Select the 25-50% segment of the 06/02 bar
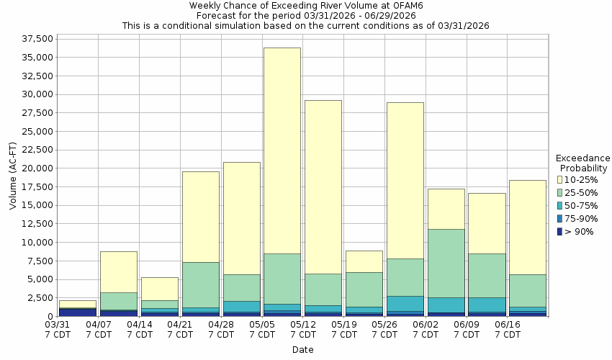(x=445, y=263)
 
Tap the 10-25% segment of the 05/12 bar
(x=323, y=186)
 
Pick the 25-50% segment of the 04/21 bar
(x=200, y=284)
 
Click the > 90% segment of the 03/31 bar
(x=78, y=312)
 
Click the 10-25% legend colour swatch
(x=560, y=179)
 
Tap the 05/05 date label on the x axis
(x=262, y=330)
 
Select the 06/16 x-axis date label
(x=508, y=330)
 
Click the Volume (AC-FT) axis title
(x=12, y=176)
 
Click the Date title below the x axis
(x=302, y=350)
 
